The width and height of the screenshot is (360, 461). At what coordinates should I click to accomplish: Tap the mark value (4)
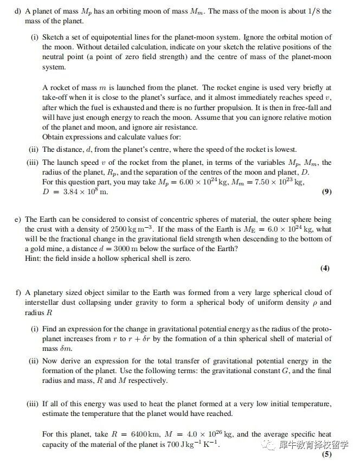coord(325,267)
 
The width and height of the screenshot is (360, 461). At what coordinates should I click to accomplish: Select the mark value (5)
coord(326,454)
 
